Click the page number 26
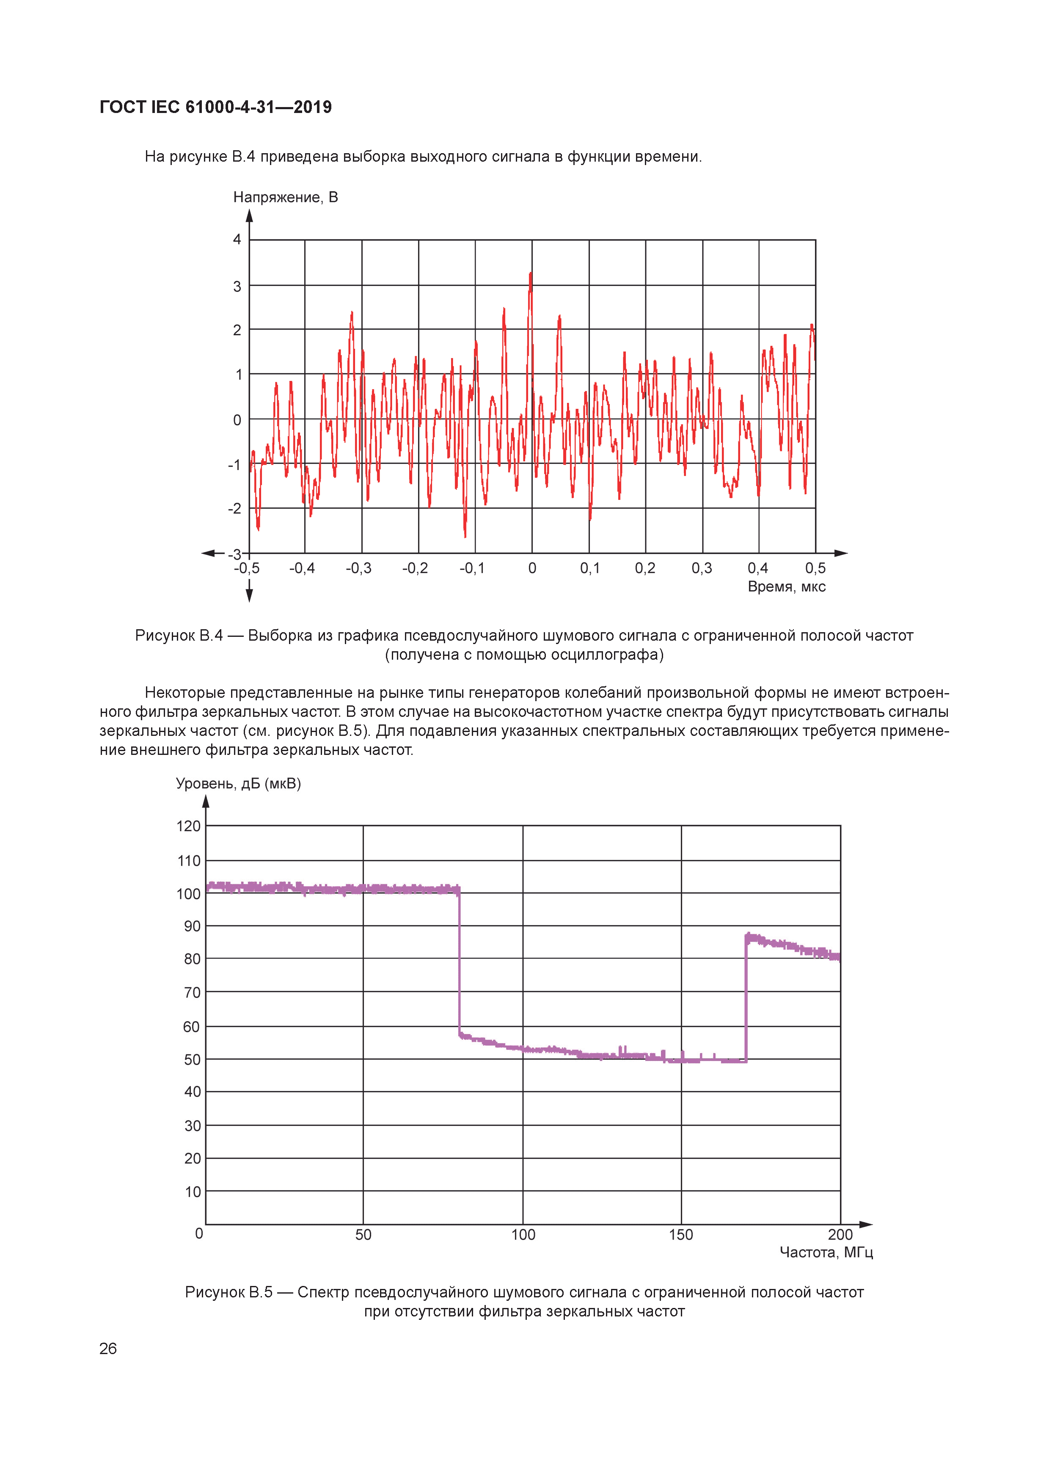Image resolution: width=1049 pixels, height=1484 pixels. [108, 1348]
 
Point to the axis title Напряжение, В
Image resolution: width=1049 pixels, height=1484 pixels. [285, 197]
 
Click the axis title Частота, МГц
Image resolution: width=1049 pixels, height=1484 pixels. [826, 1252]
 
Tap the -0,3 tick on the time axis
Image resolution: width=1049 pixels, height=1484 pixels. [358, 568]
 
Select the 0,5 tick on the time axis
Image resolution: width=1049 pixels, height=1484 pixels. [815, 568]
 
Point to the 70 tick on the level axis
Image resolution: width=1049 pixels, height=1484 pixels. [192, 992]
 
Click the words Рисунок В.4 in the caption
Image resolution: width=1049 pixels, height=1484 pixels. [179, 636]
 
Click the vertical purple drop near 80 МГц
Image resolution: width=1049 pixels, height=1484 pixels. [460, 963]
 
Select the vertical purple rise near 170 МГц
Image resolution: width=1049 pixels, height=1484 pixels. [746, 999]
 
